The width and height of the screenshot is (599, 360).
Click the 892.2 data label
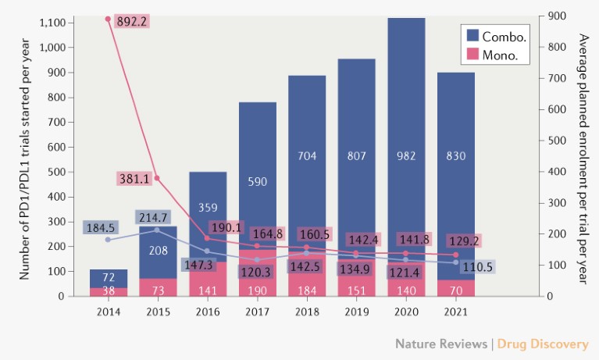point(133,21)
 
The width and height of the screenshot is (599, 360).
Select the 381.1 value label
point(134,178)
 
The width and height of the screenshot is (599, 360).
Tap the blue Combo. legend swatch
point(472,35)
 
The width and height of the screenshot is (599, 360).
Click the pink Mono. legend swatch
point(472,55)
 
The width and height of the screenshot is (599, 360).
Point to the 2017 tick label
point(258,312)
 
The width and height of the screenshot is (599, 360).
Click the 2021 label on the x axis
point(456,312)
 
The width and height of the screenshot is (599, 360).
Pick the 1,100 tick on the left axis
point(51,23)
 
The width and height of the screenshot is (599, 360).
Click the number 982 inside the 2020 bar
point(406,155)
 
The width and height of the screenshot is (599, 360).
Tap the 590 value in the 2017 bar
point(258,182)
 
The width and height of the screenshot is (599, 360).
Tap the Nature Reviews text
point(440,344)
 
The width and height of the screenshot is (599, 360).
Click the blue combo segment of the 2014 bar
point(109,278)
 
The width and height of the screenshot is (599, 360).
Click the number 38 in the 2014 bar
point(109,292)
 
